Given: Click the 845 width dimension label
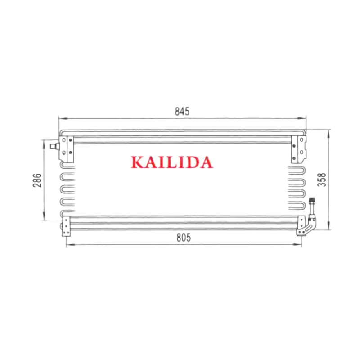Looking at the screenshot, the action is (x=182, y=112).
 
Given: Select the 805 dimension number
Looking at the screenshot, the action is (x=184, y=238).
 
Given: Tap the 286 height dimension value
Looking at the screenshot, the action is (x=37, y=180).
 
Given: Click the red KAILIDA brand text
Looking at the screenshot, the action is (x=172, y=162).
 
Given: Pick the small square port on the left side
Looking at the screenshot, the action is (x=54, y=146).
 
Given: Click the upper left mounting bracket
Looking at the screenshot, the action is (x=66, y=149).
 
